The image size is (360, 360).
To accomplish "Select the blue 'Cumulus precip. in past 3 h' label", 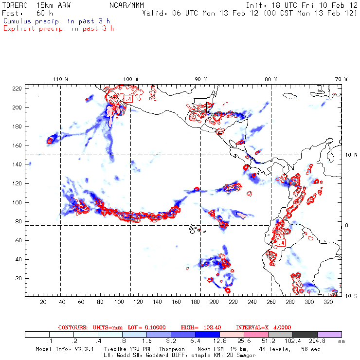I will tap(56, 21).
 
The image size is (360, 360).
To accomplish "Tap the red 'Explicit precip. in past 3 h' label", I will tap(58, 28).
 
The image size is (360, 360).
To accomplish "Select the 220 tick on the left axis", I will tap(17, 88).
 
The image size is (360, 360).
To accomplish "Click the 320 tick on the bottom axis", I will tap(328, 302).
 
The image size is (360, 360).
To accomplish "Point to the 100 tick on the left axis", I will tap(17, 202).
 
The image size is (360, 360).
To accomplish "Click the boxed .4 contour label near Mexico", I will tap(128, 98).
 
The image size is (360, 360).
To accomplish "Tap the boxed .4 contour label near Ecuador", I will tap(281, 242).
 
